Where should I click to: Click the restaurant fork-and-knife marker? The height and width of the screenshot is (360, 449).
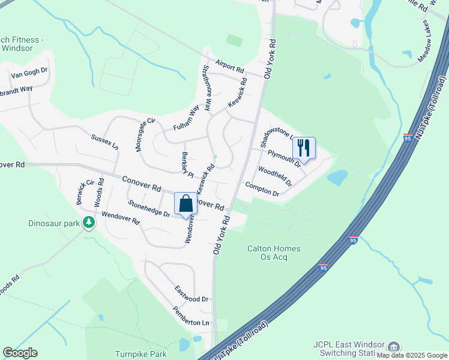point(304,148)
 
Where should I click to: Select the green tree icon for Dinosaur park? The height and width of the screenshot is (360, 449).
point(89,223)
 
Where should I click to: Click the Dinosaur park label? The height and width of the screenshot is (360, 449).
point(53,223)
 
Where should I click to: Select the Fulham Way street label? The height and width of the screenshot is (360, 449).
point(186,118)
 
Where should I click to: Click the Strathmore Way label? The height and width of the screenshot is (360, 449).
point(207,88)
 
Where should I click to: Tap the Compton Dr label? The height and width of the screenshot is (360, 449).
point(262,189)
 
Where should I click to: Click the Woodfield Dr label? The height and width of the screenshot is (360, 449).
point(274,176)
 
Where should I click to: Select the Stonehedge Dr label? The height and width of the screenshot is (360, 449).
point(149,208)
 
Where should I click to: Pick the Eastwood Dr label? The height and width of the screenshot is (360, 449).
point(191,294)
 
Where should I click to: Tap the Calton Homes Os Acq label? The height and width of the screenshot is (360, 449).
point(274,253)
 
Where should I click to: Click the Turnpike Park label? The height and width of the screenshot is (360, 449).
point(141,354)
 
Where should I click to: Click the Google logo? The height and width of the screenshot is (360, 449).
point(20,353)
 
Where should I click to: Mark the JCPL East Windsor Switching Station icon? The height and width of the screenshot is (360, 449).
point(394,347)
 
